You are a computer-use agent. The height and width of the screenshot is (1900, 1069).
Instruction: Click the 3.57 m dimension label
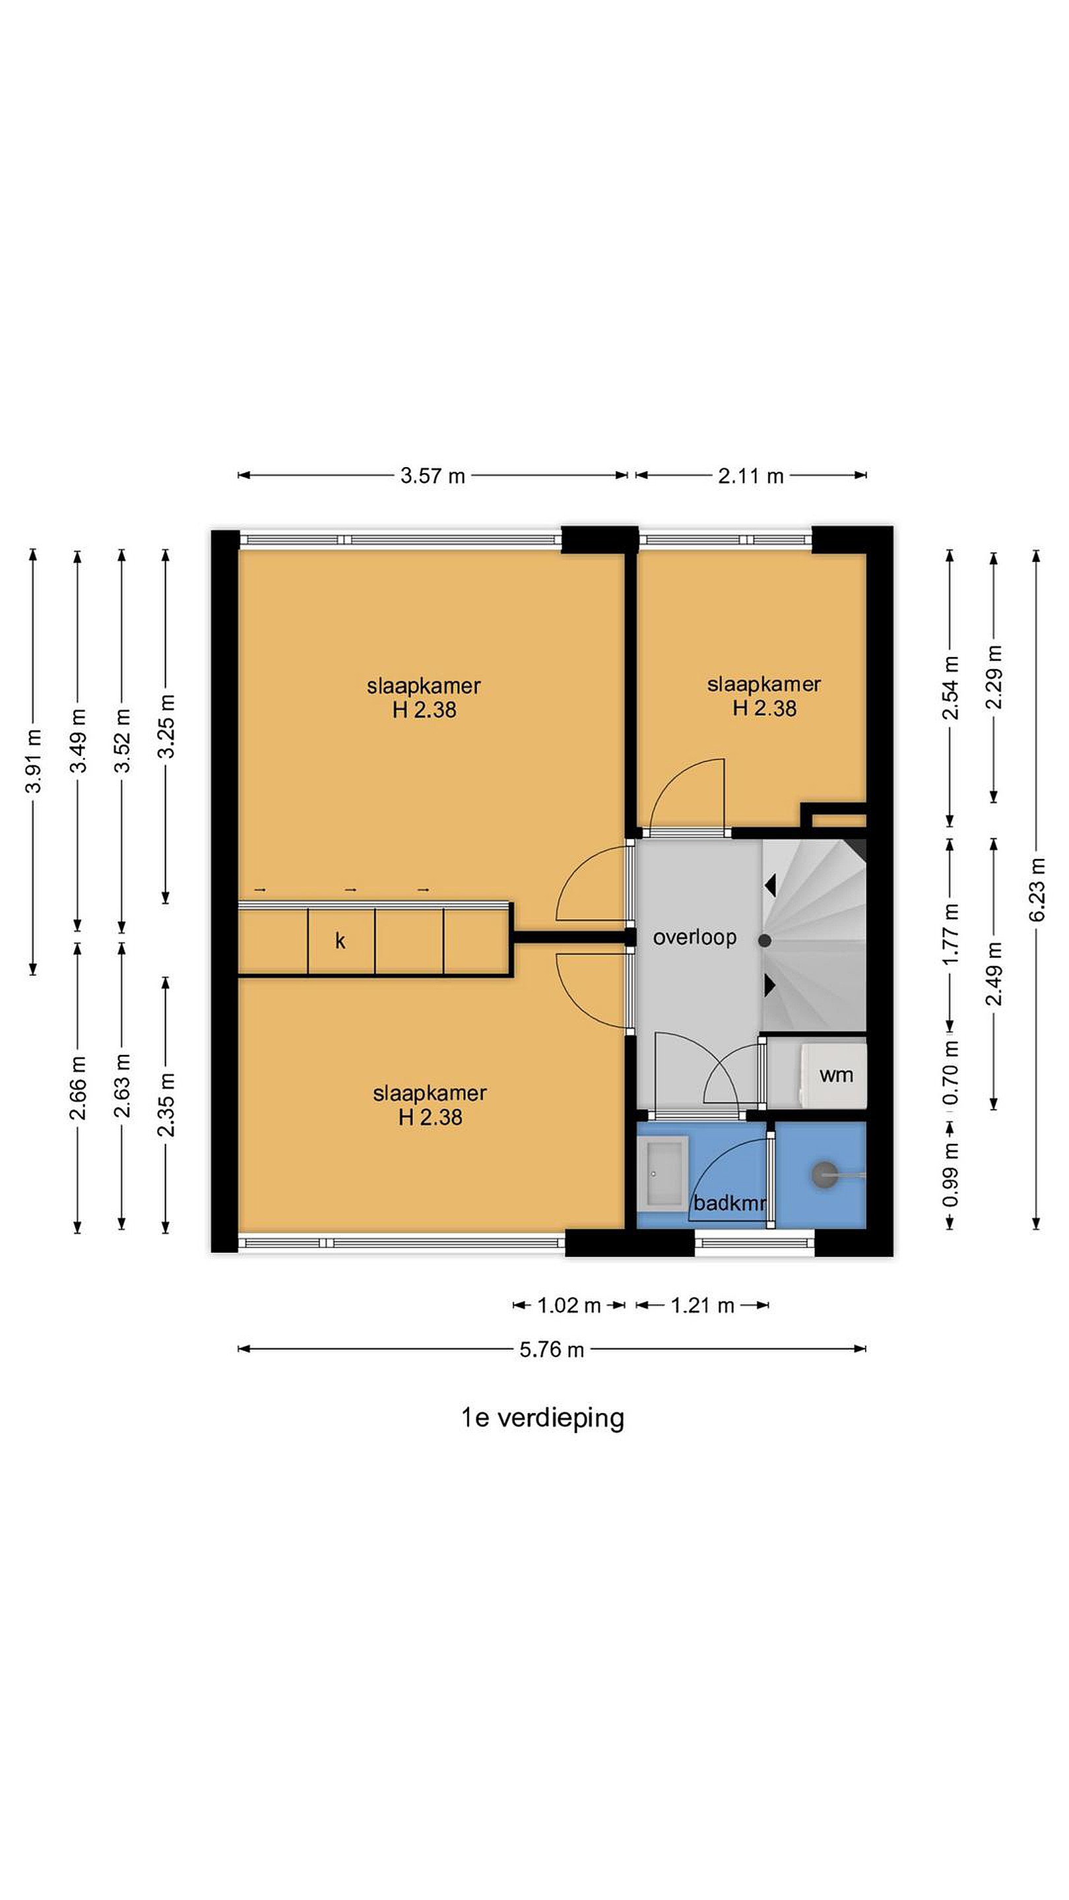click(x=432, y=476)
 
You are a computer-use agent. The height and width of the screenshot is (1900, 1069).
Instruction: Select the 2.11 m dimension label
click(x=750, y=476)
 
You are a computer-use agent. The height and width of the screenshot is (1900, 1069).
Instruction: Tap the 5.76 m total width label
click(x=551, y=1350)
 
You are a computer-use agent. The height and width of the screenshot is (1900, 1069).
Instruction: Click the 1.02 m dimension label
click(x=569, y=1306)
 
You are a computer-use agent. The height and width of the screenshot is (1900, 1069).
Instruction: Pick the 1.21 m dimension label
click(x=702, y=1306)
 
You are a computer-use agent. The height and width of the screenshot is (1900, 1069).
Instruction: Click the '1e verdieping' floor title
click(x=542, y=1418)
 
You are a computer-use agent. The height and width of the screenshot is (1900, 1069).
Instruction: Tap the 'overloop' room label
click(x=695, y=937)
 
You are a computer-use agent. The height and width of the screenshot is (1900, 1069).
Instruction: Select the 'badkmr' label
click(x=729, y=1203)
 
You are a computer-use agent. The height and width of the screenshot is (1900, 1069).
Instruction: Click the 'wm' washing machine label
click(x=836, y=1075)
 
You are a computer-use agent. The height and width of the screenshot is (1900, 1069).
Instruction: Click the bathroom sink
click(x=663, y=1173)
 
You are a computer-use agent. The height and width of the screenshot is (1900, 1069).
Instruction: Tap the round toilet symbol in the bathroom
click(x=824, y=1174)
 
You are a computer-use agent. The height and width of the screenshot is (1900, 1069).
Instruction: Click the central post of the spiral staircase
click(x=765, y=940)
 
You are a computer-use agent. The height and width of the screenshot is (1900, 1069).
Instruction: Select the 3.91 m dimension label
click(x=33, y=761)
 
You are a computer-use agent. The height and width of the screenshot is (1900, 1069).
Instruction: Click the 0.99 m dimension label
click(x=951, y=1174)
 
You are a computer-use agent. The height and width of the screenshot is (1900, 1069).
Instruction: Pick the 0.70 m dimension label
click(x=951, y=1073)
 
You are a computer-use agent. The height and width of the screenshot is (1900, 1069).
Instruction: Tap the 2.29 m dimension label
click(x=994, y=677)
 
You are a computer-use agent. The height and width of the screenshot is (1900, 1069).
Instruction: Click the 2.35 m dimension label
click(x=167, y=1104)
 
